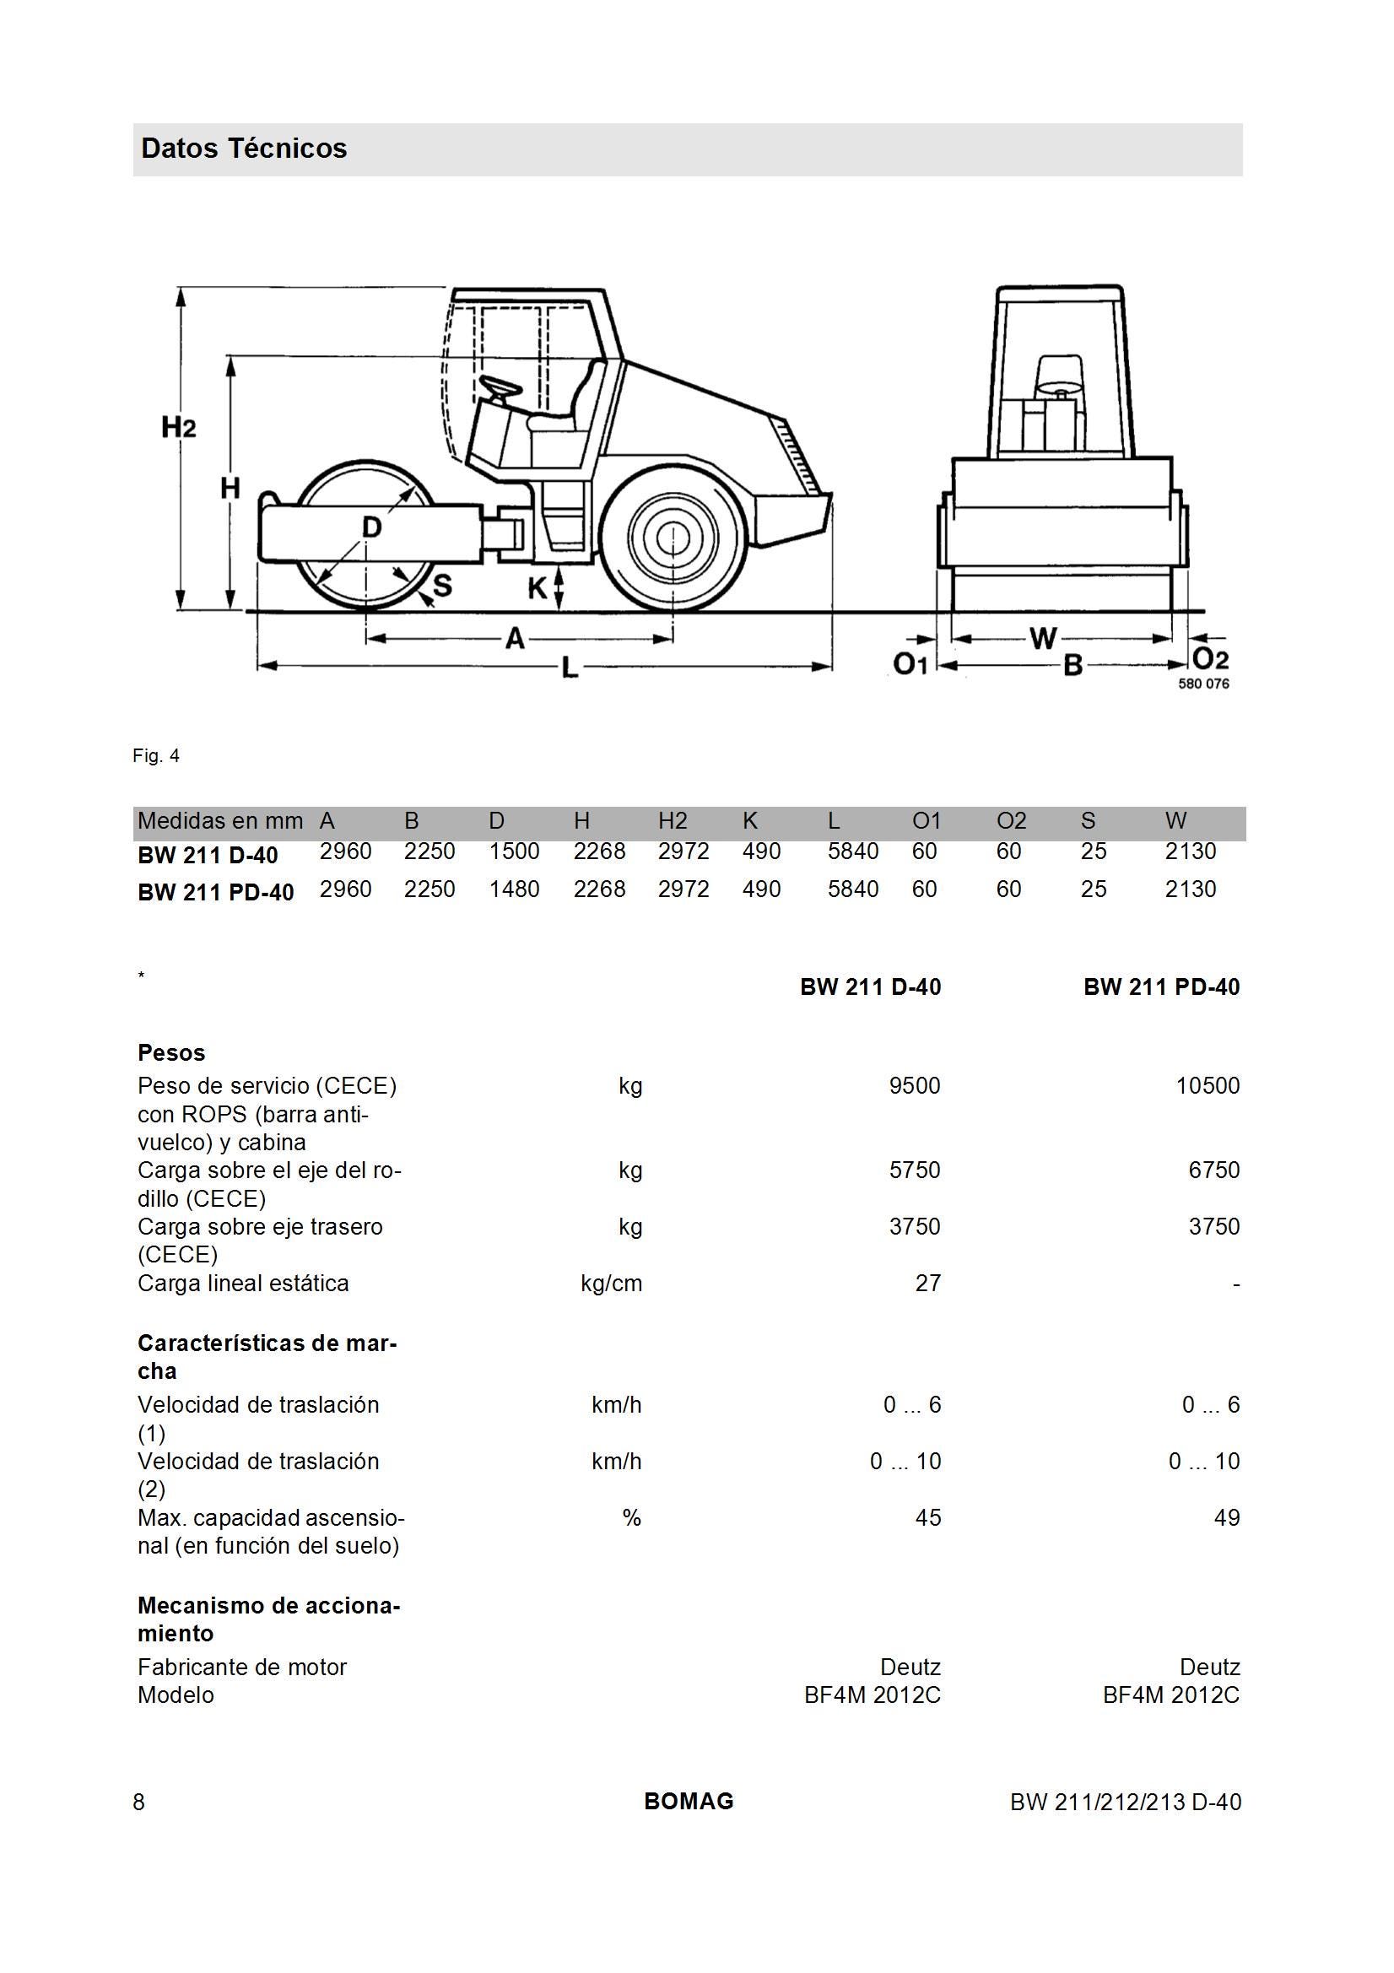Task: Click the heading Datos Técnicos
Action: click(x=244, y=149)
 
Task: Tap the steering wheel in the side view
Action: click(x=500, y=387)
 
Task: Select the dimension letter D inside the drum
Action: click(x=370, y=527)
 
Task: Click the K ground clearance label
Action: click(x=537, y=588)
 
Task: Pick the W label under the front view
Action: click(x=1042, y=639)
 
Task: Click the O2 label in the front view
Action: click(x=1210, y=659)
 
